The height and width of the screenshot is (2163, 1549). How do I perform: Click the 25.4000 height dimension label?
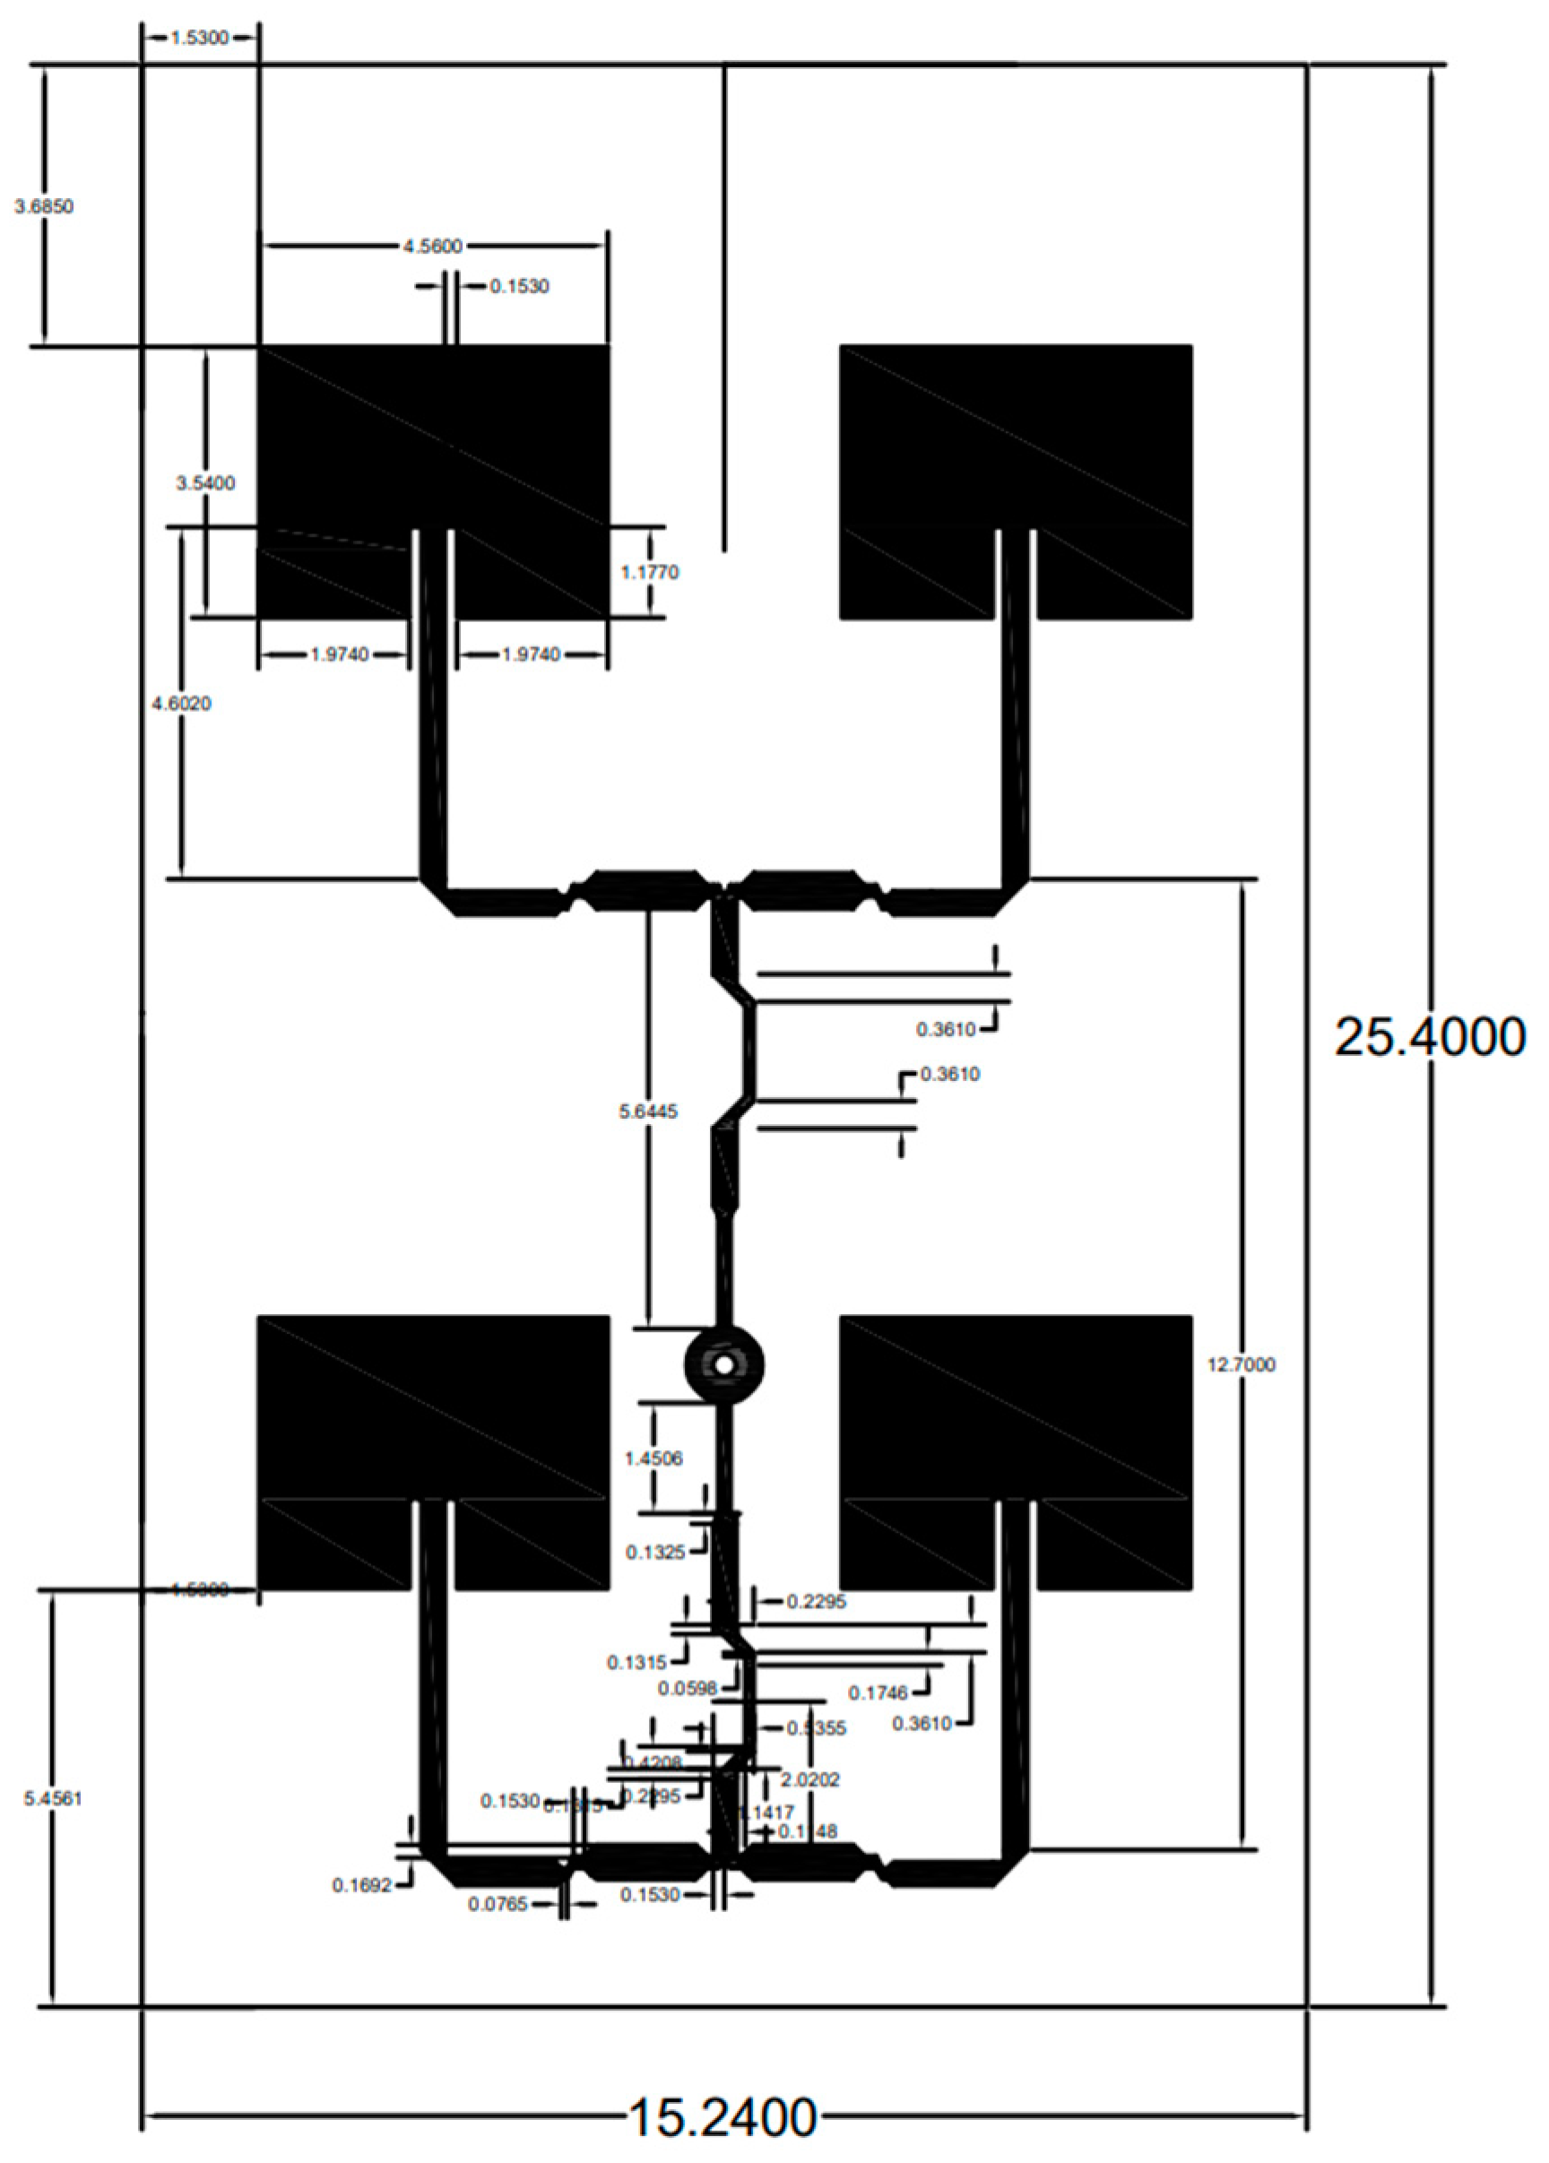1428,1036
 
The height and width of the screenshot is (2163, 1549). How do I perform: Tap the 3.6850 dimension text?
44,206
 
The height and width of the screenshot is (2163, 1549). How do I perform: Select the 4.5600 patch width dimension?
432,246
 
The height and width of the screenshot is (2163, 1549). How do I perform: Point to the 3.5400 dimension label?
205,483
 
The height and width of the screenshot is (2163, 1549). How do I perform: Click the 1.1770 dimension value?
650,572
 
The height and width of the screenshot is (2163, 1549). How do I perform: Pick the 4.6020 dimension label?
181,704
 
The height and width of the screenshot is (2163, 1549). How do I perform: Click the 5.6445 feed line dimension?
649,1112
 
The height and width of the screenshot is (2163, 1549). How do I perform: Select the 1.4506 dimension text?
653,1458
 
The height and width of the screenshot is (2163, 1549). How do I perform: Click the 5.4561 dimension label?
53,1799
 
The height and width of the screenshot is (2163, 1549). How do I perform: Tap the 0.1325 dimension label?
655,1553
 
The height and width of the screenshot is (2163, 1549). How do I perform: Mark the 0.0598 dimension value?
687,1688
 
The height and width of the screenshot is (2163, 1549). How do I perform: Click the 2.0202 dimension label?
809,1779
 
